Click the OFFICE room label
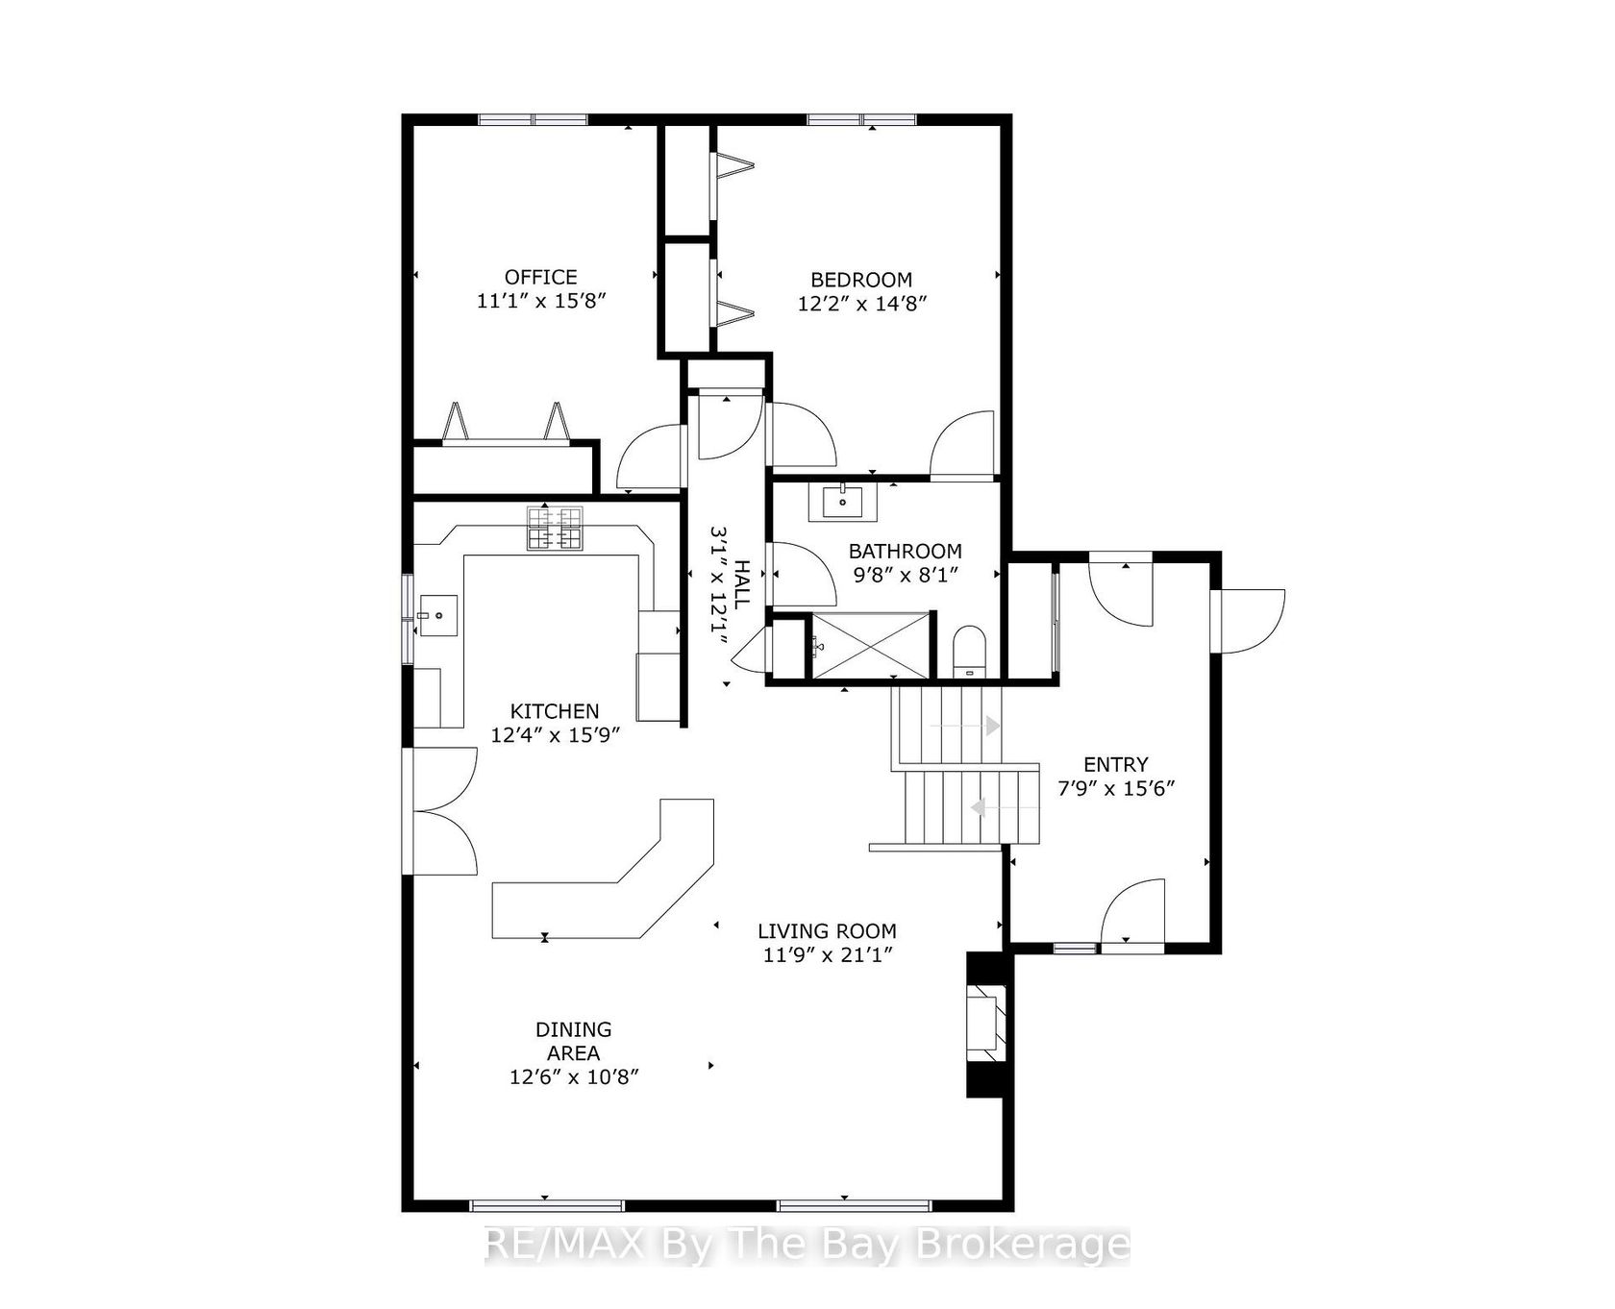[x=541, y=277]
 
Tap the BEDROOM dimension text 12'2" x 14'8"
[x=861, y=304]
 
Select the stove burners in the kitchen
[x=555, y=529]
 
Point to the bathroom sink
[x=842, y=502]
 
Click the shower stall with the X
[x=871, y=644]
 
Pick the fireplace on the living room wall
[x=986, y=1024]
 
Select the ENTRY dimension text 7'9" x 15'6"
[x=1116, y=789]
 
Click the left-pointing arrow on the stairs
[x=1005, y=808]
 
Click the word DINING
[x=574, y=1029]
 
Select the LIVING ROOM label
[x=828, y=931]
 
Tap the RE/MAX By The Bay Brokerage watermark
[x=807, y=1246]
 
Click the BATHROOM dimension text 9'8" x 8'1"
[x=906, y=575]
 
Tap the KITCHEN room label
[x=555, y=711]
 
